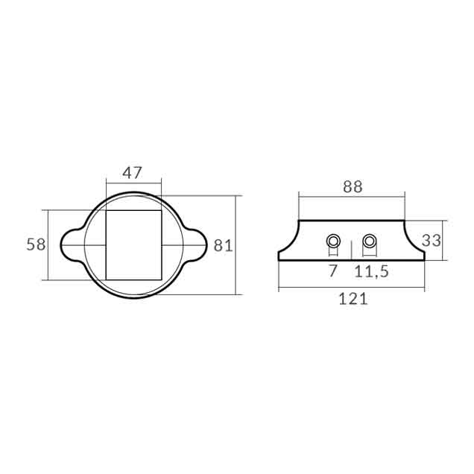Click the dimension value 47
132,173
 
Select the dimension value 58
36,244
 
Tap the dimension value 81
223,245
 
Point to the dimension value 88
353,186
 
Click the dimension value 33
432,241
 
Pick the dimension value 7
332,271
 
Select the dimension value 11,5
371,271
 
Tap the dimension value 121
353,299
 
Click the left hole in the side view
333,241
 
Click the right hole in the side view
369,241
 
